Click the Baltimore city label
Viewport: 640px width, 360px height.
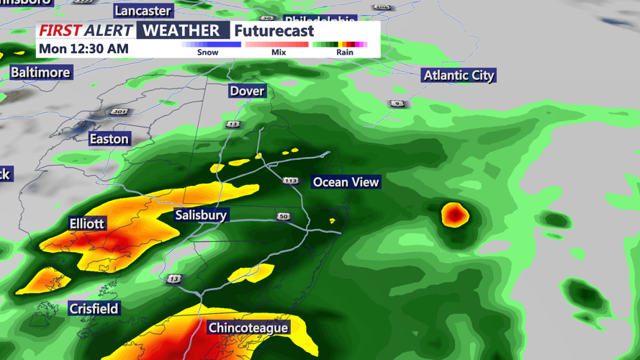[40, 73]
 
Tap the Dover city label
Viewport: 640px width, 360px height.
[247, 91]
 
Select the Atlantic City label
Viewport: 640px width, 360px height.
[459, 76]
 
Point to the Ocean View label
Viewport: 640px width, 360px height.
[346, 182]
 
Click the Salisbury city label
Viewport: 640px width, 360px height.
[201, 215]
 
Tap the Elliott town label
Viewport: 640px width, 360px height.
[87, 223]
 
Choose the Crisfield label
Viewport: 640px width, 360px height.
[94, 309]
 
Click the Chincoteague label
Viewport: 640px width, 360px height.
[248, 328]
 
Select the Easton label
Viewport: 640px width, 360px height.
[109, 139]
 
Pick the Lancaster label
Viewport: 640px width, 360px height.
[143, 11]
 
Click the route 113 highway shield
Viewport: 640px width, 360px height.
[290, 181]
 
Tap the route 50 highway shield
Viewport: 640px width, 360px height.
[284, 216]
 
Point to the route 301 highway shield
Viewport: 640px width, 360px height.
[120, 112]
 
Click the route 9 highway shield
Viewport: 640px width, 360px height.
[397, 104]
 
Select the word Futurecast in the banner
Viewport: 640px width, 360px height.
[274, 31]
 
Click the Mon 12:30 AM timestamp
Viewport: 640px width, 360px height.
[84, 49]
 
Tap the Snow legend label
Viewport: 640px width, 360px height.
[207, 53]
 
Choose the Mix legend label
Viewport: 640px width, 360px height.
[279, 53]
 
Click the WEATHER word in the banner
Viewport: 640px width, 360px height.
[181, 30]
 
